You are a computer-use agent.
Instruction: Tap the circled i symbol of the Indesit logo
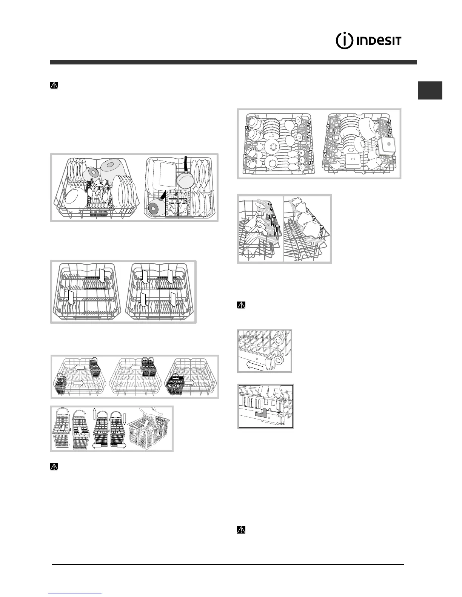tap(345, 41)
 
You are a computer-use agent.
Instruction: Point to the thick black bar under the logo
tap(233, 63)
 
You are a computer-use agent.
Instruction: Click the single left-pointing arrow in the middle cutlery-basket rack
tap(136, 367)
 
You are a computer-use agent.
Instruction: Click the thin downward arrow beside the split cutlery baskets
tap(126, 416)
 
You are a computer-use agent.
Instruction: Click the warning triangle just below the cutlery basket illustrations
tap(54, 467)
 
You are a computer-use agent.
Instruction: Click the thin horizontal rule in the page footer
tap(228, 564)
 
